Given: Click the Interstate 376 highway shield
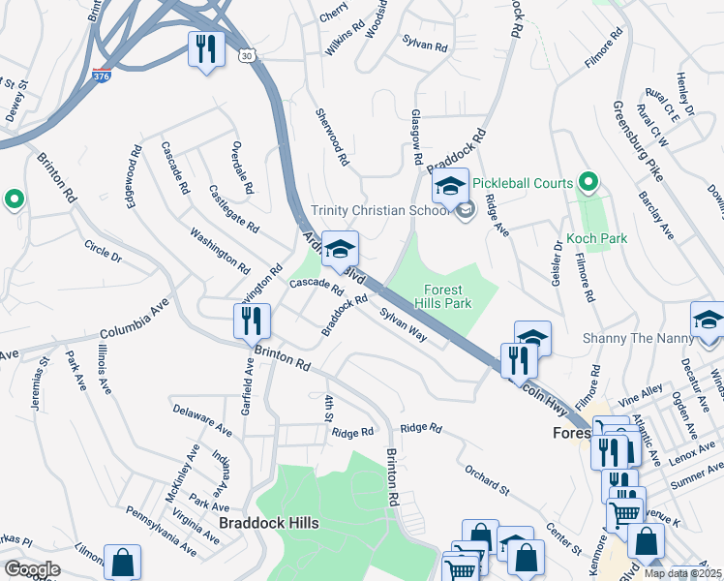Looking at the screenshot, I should [102, 75].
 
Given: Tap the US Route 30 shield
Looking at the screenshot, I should [249, 58].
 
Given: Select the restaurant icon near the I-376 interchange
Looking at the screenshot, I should [206, 49].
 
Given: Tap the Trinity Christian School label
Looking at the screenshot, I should [381, 211].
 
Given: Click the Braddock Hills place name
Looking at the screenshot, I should [268, 523].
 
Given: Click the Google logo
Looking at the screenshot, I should [31, 568].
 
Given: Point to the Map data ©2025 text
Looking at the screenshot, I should [682, 573].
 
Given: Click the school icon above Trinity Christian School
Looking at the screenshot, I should [449, 186].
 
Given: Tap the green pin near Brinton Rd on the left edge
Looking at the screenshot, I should [14, 200].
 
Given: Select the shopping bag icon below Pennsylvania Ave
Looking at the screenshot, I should [123, 563].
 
